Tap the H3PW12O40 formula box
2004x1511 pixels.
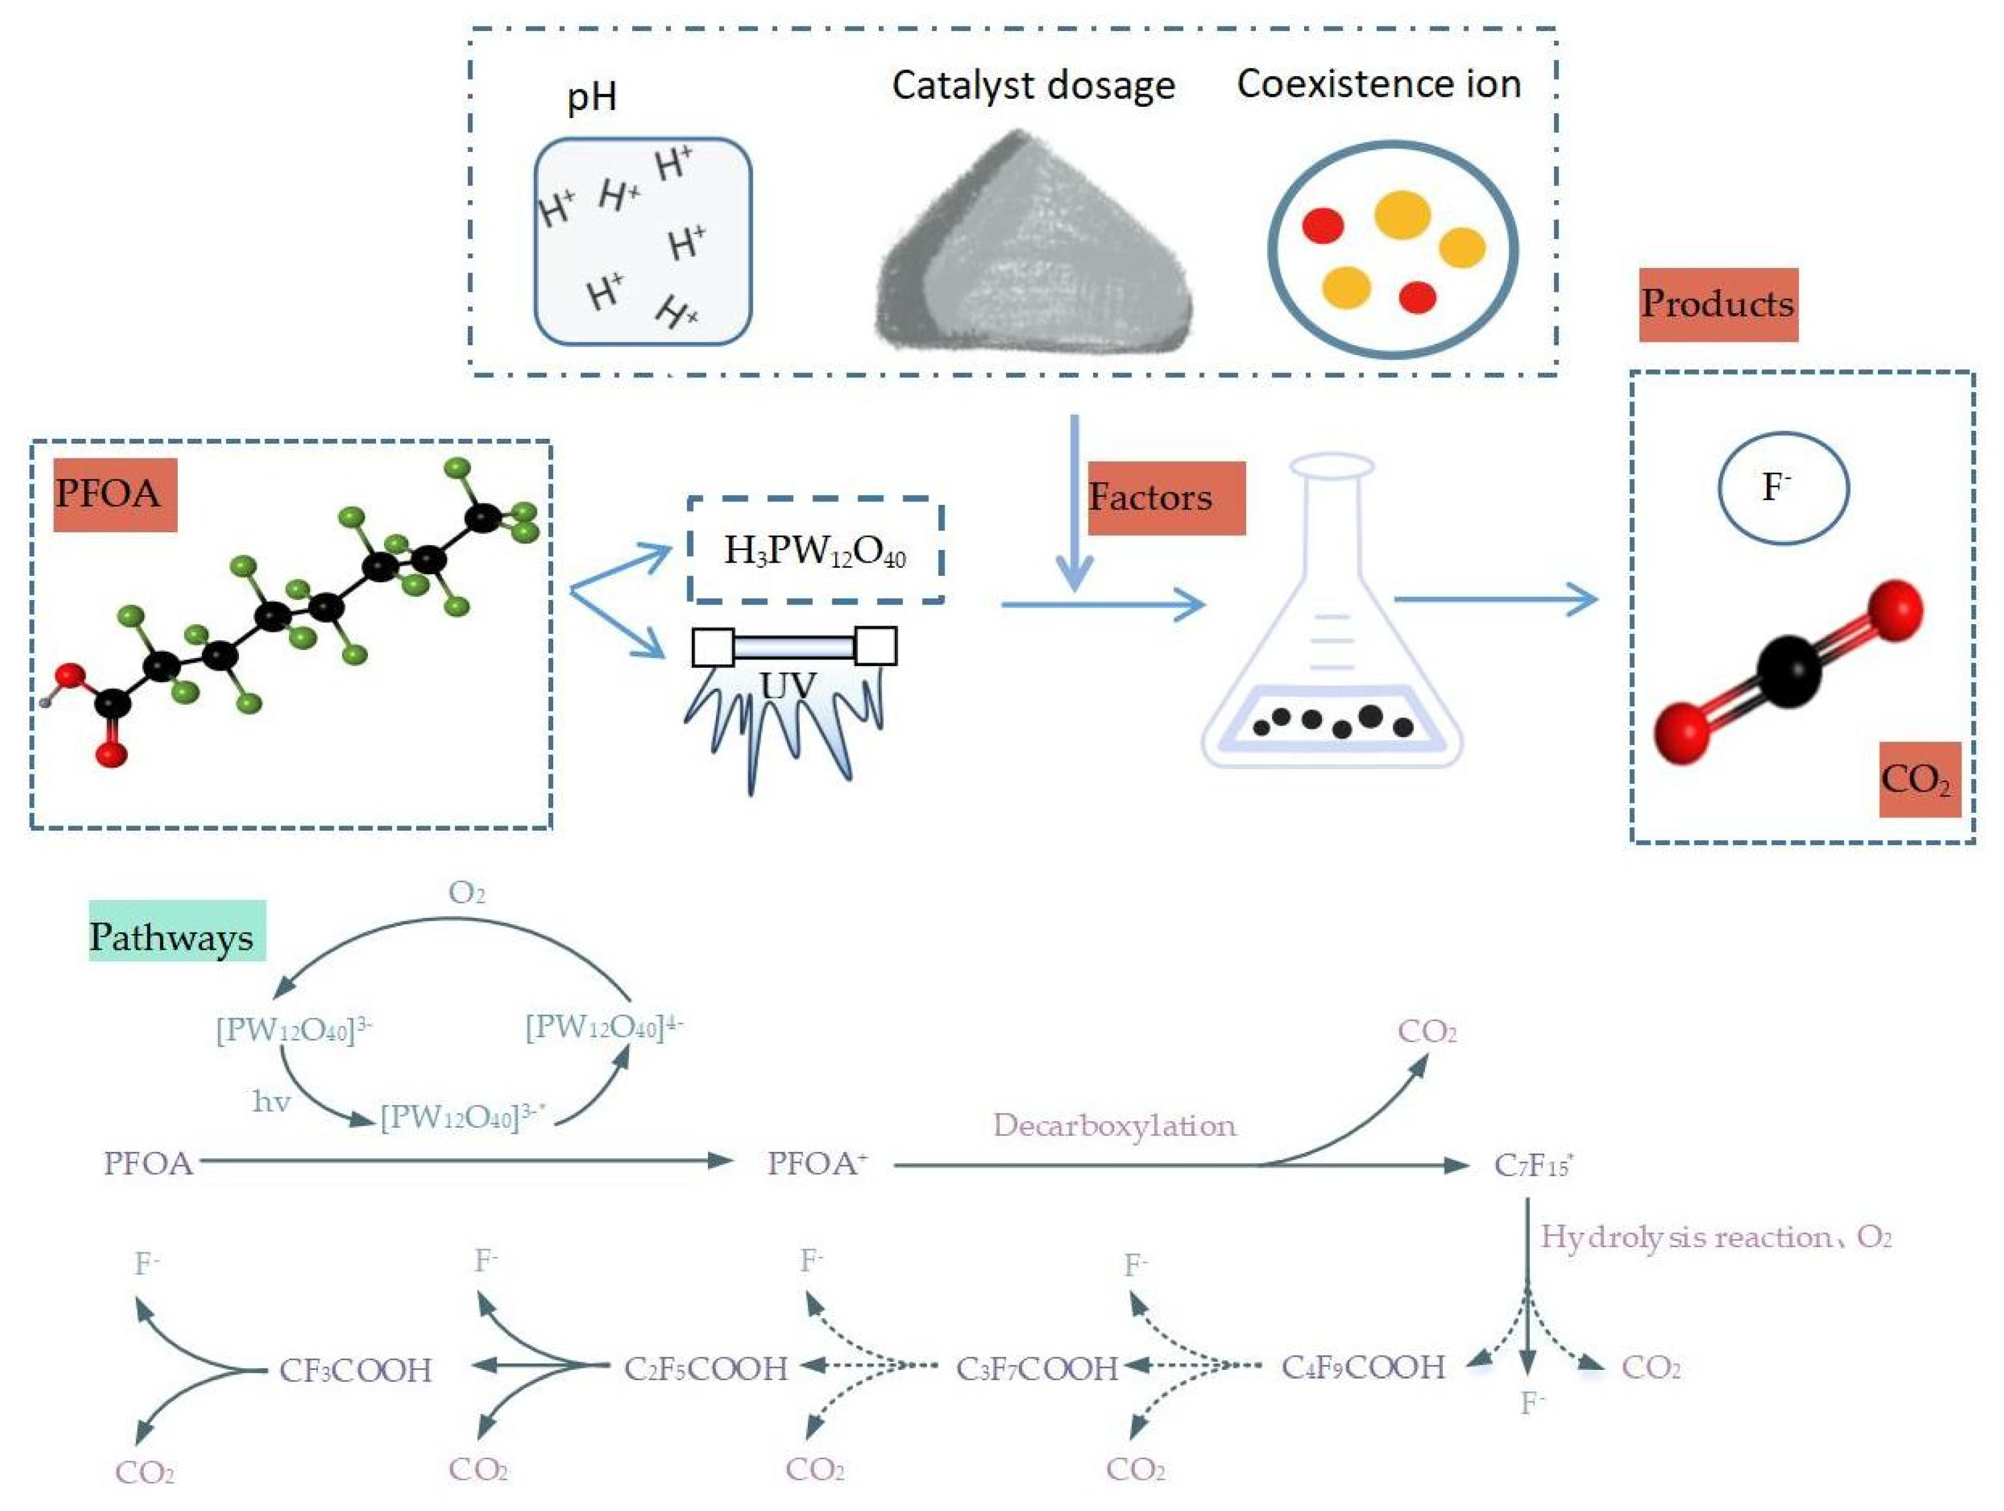coord(815,550)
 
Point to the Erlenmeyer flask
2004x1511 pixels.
coord(1332,634)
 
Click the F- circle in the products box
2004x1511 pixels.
coord(1782,488)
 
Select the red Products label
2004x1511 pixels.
coord(1718,305)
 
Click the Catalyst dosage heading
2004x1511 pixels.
coord(1033,86)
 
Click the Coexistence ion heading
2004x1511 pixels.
coord(1378,84)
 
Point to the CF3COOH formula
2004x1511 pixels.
coord(355,1370)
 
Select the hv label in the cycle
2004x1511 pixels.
coord(271,1102)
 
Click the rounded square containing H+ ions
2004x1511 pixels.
coord(643,241)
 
